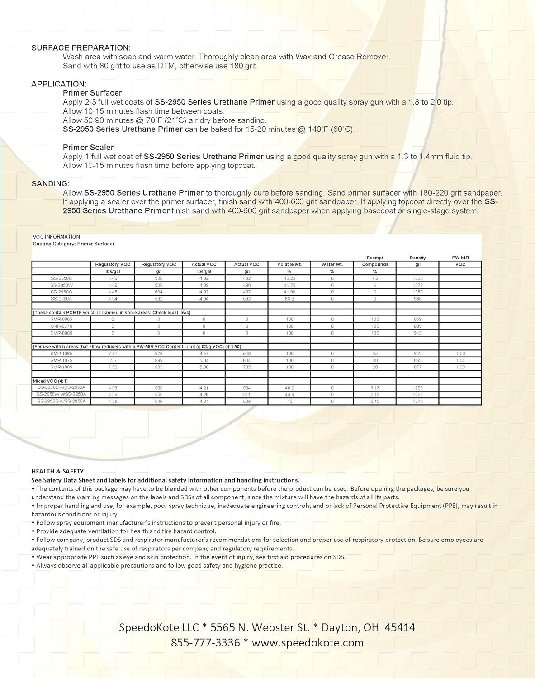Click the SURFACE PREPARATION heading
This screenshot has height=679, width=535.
[81, 48]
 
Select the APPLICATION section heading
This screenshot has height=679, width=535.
[59, 84]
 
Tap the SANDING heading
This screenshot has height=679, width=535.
[51, 183]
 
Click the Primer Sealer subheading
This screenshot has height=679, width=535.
[88, 147]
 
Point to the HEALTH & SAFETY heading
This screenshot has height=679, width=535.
[57, 471]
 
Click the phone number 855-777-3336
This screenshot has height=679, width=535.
[205, 642]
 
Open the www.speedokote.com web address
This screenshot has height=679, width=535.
[308, 642]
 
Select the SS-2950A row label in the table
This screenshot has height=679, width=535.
[61, 299]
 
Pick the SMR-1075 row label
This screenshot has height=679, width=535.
[61, 360]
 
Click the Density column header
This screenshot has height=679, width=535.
[417, 258]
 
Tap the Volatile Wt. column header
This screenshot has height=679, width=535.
[289, 264]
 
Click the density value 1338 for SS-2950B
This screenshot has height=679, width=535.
[417, 278]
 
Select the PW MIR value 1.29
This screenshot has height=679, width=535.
[460, 354]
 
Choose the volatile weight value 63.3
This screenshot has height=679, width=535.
[289, 299]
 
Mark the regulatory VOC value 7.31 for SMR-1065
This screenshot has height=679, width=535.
[113, 354]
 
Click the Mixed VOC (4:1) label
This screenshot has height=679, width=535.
[50, 381]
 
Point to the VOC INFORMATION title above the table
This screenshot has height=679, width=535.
[57, 237]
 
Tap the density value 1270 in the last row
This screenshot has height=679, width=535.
[417, 401]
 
